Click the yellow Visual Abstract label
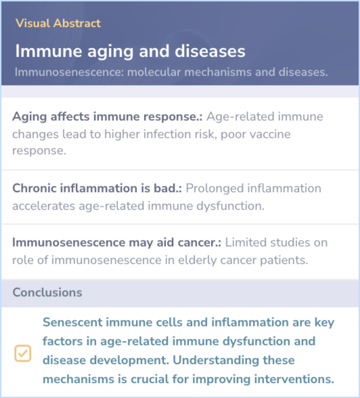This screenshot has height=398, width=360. (x=58, y=23)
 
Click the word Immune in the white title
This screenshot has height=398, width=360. (x=49, y=51)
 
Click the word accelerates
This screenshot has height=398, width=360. (x=44, y=206)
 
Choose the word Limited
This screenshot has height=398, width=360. (x=246, y=243)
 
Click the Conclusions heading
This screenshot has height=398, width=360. (x=47, y=292)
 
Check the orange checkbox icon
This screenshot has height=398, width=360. (x=23, y=353)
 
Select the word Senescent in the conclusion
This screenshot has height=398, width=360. (x=72, y=322)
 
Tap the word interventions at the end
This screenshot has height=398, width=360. (x=294, y=379)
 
